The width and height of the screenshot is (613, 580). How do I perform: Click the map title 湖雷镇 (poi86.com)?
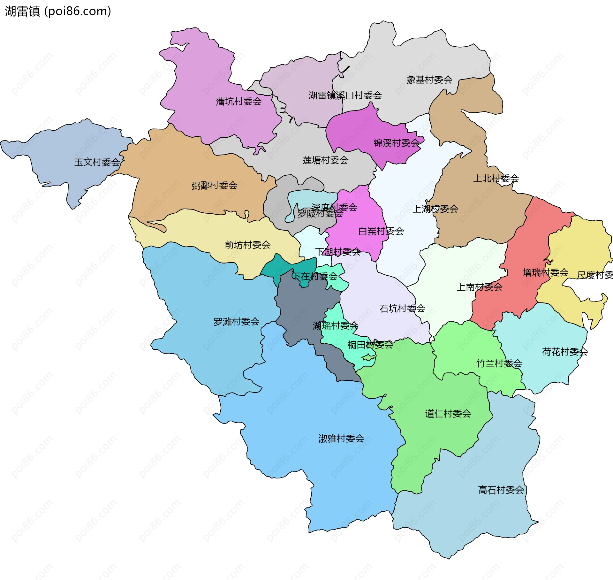pos(58,11)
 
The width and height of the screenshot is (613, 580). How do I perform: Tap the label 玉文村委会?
pos(97,162)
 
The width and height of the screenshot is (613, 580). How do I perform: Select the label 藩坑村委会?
pos(238,102)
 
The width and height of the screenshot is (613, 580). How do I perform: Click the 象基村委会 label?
pos(429,80)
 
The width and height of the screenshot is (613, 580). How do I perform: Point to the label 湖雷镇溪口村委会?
pos(345,95)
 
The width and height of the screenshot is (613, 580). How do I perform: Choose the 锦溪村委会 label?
pos(397,143)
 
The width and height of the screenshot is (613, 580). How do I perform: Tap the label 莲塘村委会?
pos(325,160)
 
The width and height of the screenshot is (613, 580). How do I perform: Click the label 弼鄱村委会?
pos(214,186)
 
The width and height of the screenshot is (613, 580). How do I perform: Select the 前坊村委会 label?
pos(247,245)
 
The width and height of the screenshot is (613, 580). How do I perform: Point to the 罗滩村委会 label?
pos(236,322)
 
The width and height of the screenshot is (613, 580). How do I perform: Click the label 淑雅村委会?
pos(341,439)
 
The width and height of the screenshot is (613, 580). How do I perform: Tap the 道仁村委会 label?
pos(448,414)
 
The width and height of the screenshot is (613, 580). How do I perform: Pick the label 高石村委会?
pos(501,490)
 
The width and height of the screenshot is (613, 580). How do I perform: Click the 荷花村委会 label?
pos(565,352)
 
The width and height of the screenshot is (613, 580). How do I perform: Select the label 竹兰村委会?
pos(499,363)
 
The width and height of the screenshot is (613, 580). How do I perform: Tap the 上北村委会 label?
pos(496,178)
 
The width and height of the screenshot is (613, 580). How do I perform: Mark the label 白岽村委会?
pos(381,231)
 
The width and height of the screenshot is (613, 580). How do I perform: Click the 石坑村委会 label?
pos(402,308)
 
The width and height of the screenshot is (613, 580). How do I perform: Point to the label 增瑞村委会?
pos(545,272)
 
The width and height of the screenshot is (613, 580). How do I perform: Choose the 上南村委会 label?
pos(479,287)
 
